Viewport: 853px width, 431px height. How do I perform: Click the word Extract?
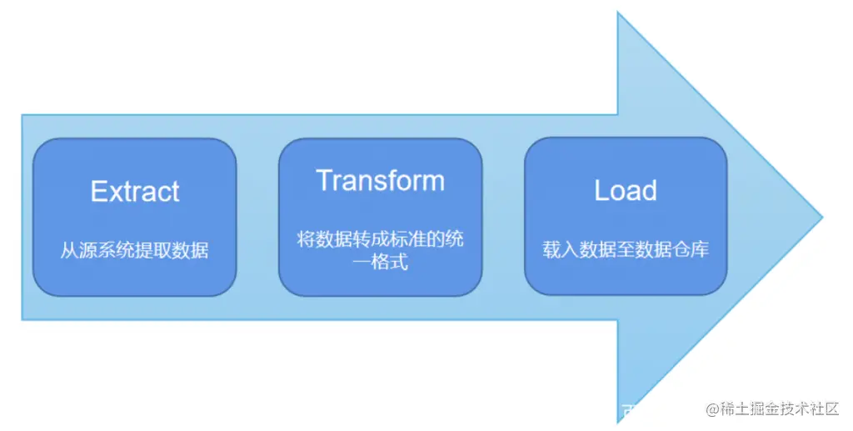pyautogui.click(x=135, y=192)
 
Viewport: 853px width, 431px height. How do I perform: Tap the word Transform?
pyautogui.click(x=380, y=180)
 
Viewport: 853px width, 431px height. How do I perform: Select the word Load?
pyautogui.click(x=626, y=191)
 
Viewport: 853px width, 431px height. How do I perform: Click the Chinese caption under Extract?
pyautogui.click(x=134, y=250)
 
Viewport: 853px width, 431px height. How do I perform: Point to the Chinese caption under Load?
pyautogui.click(x=626, y=249)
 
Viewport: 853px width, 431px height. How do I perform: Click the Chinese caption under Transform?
pyautogui.click(x=380, y=250)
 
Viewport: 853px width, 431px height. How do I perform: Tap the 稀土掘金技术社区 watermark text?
pyautogui.click(x=779, y=409)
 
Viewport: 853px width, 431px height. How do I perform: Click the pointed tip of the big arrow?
pyautogui.click(x=821, y=218)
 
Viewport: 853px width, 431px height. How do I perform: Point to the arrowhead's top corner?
pyautogui.click(x=618, y=14)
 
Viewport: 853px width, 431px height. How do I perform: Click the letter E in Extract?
pyautogui.click(x=98, y=192)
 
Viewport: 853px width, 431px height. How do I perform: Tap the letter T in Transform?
pyautogui.click(x=324, y=180)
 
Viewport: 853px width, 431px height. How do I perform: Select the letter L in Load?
pyautogui.click(x=601, y=191)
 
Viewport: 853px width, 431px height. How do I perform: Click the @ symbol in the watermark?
pyautogui.click(x=712, y=409)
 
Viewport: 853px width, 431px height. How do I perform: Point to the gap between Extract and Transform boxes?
pyautogui.click(x=257, y=217)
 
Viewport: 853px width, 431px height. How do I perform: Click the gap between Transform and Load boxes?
pyautogui.click(x=503, y=217)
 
